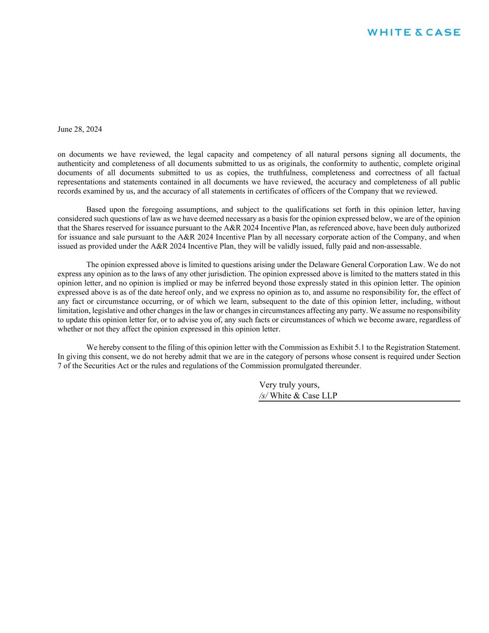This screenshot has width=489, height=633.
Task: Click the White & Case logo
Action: tap(413, 32)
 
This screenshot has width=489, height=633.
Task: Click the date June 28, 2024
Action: tap(80, 129)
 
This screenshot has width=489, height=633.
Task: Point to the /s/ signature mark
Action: tap(263, 396)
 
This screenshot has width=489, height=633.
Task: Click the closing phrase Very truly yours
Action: tap(289, 385)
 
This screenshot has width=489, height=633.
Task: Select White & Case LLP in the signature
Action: tap(304, 396)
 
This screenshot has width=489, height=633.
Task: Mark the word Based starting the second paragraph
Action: tap(96, 210)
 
